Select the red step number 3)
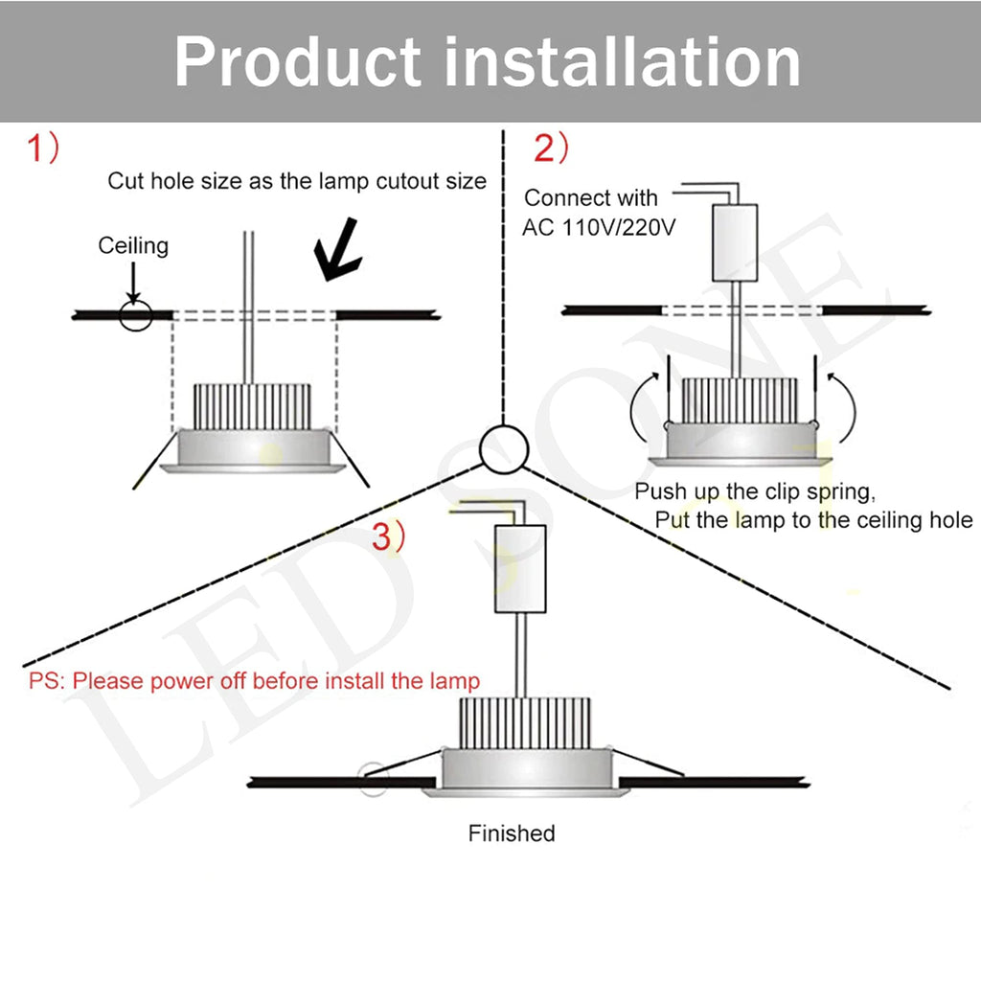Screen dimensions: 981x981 click(x=388, y=537)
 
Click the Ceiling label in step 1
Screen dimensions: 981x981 click(x=133, y=246)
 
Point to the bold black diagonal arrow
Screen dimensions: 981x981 click(x=337, y=249)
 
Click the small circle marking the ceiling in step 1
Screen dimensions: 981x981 click(x=135, y=314)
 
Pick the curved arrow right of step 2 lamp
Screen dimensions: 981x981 click(x=843, y=407)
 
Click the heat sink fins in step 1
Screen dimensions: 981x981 click(x=252, y=406)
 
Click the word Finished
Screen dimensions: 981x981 click(x=512, y=833)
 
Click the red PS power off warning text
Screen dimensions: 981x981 click(x=254, y=681)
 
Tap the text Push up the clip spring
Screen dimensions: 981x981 click(x=755, y=492)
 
